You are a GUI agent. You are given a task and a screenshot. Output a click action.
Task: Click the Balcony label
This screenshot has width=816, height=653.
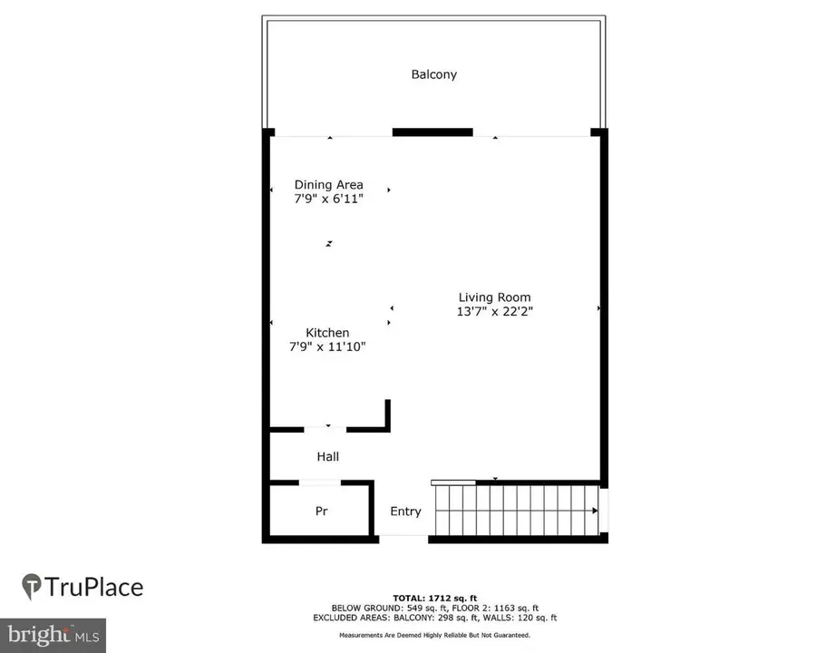tap(434, 74)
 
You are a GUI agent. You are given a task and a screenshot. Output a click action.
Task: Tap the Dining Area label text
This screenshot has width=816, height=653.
tap(328, 185)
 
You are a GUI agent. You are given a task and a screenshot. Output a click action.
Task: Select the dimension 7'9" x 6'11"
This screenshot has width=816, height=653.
tap(328, 199)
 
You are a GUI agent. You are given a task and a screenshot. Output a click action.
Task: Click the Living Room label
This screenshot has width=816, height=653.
tap(494, 297)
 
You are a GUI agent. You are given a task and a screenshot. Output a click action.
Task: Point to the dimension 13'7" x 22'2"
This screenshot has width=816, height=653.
tap(494, 312)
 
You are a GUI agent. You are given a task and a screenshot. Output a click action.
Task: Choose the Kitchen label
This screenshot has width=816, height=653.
tap(327, 333)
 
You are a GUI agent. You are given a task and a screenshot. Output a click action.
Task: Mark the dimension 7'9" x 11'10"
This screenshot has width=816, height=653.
tap(327, 346)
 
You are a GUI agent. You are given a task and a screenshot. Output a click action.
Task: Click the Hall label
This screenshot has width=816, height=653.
tap(327, 456)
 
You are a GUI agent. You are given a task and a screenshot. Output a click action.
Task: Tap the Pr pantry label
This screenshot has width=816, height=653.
tap(321, 512)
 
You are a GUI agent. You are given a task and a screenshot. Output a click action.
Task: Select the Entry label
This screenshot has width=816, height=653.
tap(405, 512)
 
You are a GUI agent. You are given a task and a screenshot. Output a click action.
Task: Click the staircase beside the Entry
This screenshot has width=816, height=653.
tap(516, 511)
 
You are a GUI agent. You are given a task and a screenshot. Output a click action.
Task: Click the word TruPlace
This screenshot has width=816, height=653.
tap(94, 587)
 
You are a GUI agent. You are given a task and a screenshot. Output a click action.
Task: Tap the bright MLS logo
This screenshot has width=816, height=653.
tap(53, 634)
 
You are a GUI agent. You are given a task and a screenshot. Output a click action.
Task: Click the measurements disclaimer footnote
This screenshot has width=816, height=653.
tap(434, 635)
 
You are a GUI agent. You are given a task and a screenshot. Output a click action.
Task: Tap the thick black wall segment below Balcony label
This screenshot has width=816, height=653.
tap(432, 132)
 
